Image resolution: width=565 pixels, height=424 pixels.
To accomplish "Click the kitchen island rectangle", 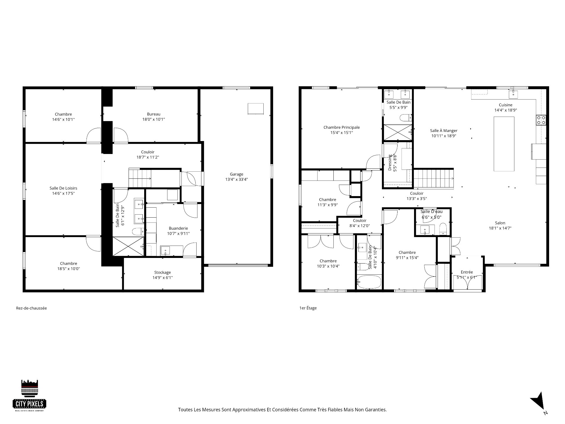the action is coord(504,144).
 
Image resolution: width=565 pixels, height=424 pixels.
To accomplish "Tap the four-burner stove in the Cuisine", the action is coord(541,120).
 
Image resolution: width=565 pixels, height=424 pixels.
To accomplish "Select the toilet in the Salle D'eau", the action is coord(443,229).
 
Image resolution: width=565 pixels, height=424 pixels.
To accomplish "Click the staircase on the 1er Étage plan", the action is coord(434,178).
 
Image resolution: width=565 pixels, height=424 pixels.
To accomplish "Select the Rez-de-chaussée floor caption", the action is coord(31,308).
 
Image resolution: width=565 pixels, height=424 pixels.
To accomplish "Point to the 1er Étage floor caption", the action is coord(308,308).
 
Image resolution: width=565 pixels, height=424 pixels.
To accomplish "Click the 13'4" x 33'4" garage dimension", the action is coord(237,179).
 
